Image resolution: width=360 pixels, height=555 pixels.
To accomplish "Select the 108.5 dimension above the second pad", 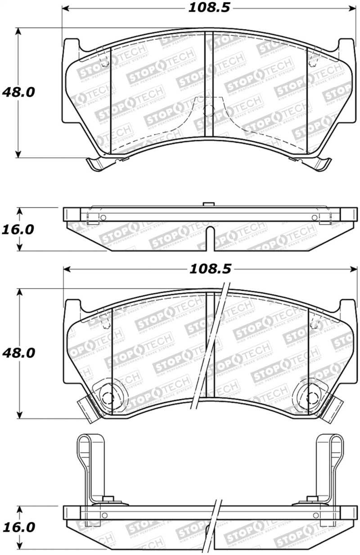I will (x=209, y=269).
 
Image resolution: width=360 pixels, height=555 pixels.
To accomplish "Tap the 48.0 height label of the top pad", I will (x=18, y=92).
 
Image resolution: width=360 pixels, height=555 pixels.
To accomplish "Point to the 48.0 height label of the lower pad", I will (x=18, y=352).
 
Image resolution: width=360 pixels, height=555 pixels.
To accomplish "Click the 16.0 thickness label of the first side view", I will (x=18, y=229).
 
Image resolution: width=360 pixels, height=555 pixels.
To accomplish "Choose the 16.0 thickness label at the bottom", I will (x=18, y=527).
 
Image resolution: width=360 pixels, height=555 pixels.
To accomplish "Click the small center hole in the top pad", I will (x=208, y=111).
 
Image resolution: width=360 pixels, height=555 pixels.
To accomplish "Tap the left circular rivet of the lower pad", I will (x=107, y=396).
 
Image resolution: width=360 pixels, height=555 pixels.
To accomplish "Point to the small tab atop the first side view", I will (x=207, y=205).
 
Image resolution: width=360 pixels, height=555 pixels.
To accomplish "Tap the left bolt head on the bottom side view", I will (x=108, y=499).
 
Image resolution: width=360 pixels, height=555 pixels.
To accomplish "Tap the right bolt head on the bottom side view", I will (x=310, y=499).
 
